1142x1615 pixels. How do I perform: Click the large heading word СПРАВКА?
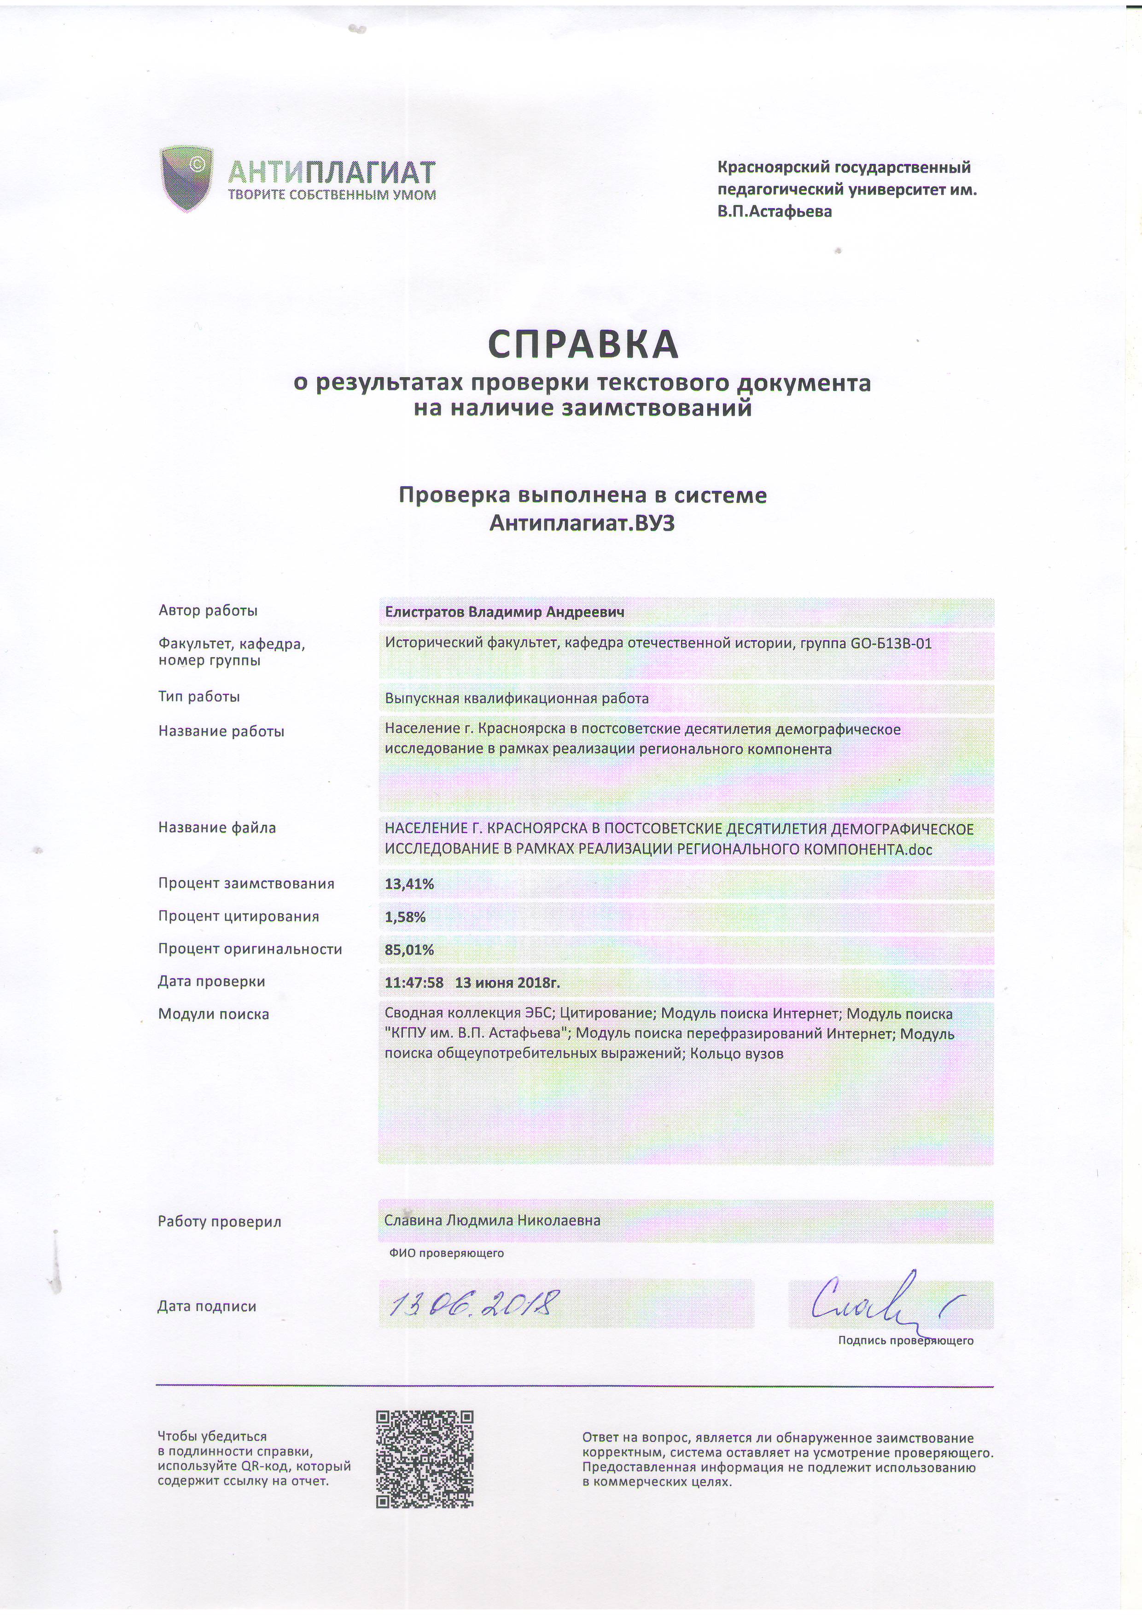583,344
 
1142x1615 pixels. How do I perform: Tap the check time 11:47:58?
414,983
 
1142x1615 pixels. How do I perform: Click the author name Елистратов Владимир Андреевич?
504,612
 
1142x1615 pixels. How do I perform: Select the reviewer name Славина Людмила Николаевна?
492,1220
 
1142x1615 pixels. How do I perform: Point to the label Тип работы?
199,697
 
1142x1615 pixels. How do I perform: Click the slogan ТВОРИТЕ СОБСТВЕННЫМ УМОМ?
332,195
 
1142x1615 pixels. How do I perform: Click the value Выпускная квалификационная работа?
516,699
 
